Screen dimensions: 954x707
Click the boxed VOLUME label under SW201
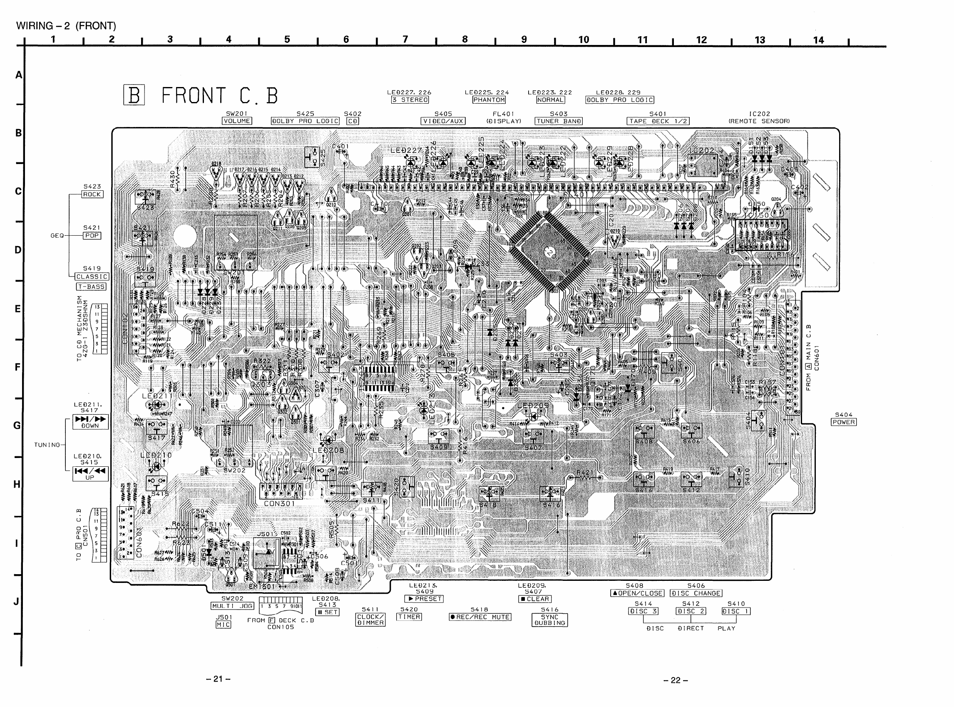point(236,121)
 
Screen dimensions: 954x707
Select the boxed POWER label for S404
point(843,422)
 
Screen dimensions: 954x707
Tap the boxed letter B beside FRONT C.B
point(134,95)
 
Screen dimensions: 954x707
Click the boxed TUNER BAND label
point(558,121)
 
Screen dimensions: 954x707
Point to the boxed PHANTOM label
point(489,100)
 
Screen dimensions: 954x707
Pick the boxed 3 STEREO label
point(410,100)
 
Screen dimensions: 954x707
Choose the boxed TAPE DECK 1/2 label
point(658,121)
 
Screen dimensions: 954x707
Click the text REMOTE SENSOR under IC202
point(759,121)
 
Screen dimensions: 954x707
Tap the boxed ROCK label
point(92,194)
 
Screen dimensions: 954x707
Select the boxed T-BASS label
point(91,287)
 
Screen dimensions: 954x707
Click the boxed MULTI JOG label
point(232,606)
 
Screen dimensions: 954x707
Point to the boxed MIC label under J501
point(224,625)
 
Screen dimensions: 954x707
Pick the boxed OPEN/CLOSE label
point(637,593)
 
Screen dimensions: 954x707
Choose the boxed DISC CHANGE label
point(696,593)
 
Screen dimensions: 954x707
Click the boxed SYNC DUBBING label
point(549,620)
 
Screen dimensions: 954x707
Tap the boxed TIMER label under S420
point(409,617)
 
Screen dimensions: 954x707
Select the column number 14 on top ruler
point(818,40)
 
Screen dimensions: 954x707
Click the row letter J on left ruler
point(17,602)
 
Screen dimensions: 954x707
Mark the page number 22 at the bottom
point(676,680)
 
